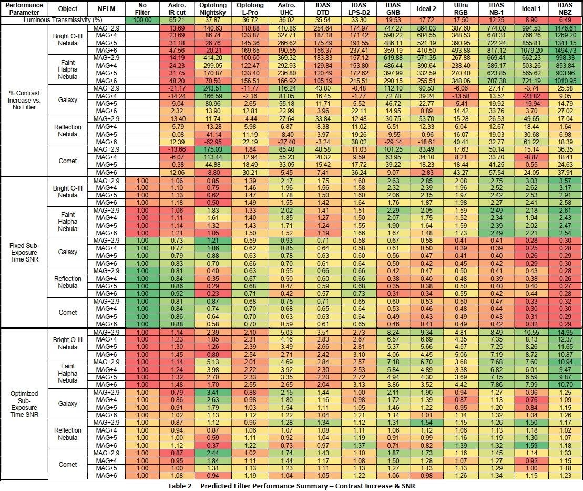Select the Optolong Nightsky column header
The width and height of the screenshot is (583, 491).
(x=213, y=8)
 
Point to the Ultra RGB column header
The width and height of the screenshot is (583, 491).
(x=461, y=8)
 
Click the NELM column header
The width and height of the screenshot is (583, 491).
(x=106, y=8)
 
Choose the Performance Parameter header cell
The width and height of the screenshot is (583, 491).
(x=25, y=8)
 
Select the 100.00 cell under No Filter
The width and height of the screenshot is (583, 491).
(x=142, y=19)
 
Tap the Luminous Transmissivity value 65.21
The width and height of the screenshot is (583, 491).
(x=177, y=19)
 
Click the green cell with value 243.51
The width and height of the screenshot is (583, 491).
(x=213, y=88)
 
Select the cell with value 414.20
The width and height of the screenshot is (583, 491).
(x=213, y=58)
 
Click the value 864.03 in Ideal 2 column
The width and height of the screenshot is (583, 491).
(x=426, y=28)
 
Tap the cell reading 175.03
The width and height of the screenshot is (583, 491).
(x=213, y=149)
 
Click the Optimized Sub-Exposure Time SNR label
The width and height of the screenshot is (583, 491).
(x=25, y=404)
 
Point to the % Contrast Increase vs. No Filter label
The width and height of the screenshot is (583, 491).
(x=25, y=100)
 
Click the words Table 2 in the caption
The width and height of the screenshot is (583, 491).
(x=180, y=486)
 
